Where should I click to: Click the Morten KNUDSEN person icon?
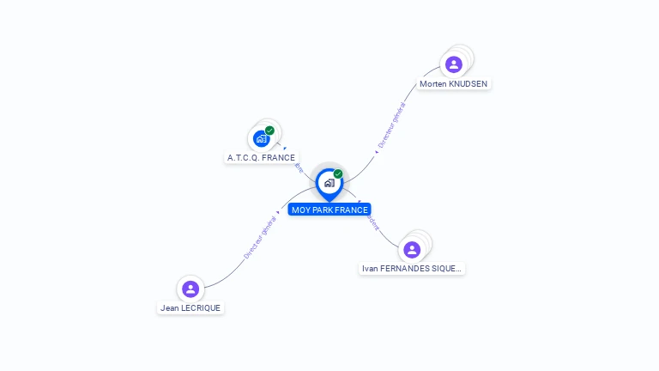454,64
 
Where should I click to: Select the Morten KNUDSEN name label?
454,84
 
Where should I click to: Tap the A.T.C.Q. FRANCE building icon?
262,138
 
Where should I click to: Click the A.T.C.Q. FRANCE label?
261,158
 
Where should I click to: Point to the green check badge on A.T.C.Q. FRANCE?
269,131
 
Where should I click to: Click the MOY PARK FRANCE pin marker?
329,183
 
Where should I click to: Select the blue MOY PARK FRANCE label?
329,210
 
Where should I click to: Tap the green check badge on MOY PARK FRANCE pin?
338,173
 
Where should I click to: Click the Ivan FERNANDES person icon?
412,250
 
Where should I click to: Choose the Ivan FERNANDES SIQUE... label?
412,269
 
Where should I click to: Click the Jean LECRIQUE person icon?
190,289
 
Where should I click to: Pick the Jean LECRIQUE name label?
190,307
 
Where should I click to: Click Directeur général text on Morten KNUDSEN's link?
392,127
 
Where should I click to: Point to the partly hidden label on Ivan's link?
371,222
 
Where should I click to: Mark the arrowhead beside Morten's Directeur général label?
376,152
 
